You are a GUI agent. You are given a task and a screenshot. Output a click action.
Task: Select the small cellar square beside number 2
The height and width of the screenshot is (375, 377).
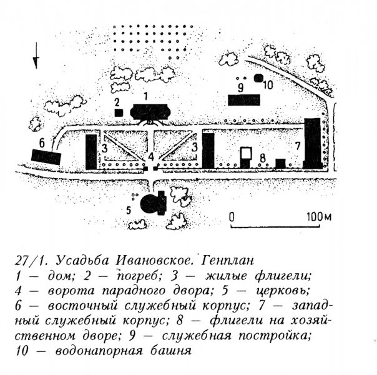point(118,111)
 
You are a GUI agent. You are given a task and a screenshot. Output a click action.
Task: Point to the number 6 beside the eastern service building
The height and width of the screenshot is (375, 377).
point(42,141)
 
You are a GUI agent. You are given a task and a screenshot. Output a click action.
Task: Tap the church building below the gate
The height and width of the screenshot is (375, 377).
point(151,202)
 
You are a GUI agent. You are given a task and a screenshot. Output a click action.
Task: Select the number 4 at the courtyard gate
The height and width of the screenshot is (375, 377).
point(152,157)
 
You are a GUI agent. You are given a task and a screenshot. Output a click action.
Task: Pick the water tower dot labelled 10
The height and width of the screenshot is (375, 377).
point(260,85)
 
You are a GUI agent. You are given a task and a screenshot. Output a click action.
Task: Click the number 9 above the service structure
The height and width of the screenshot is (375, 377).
point(239,86)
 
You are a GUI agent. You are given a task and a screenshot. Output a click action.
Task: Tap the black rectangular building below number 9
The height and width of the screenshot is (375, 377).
point(243,99)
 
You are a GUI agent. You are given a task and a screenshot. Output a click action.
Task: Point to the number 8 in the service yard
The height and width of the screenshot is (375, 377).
point(263,156)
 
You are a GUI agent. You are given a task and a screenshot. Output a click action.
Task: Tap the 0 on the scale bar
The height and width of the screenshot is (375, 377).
point(231,217)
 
